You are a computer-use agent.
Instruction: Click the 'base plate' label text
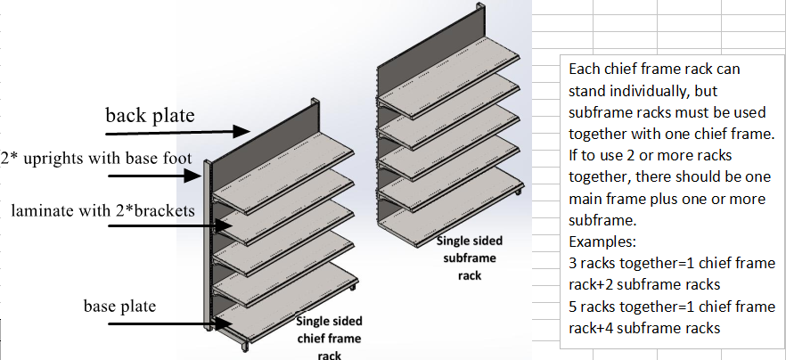coord(120,307)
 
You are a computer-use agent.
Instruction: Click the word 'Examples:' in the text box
coord(600,241)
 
